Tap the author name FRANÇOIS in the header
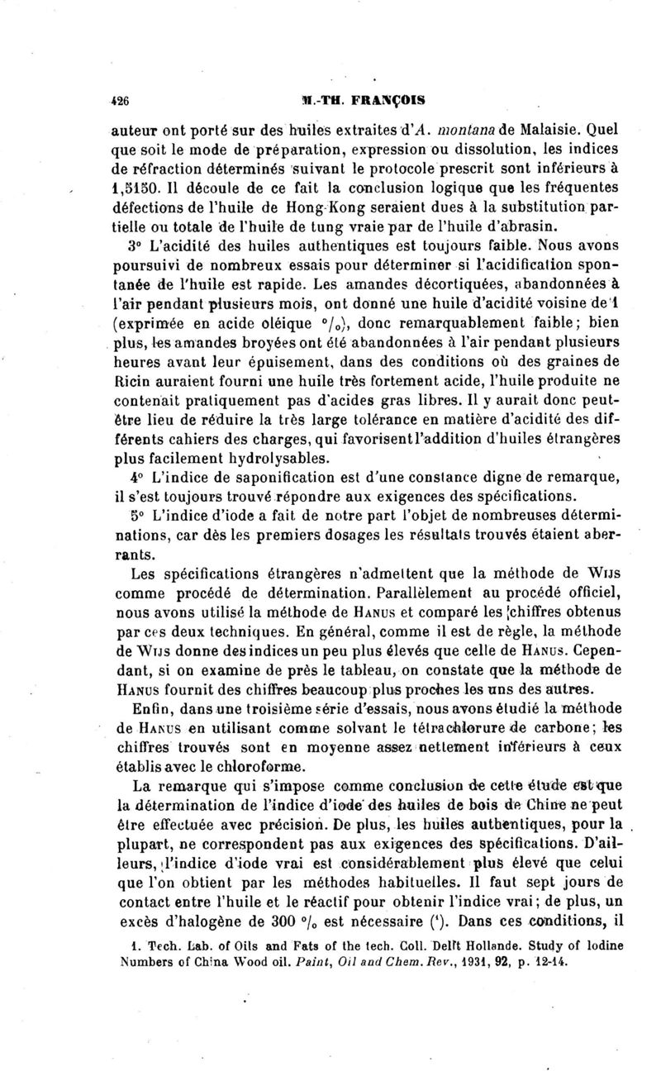[x=388, y=100]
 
